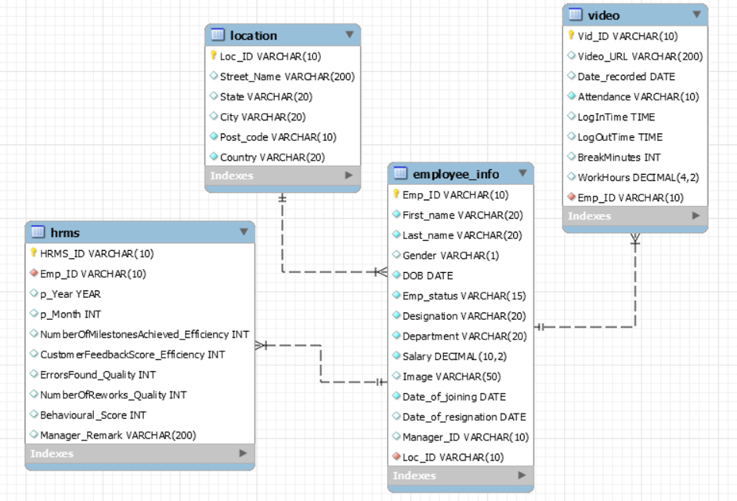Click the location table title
253,35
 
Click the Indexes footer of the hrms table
52,453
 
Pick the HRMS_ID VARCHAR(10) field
96,253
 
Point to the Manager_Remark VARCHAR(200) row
117,434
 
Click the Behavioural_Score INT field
93,415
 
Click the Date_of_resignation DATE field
464,416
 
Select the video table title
603,15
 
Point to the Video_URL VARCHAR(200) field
640,56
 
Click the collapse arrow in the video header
696,15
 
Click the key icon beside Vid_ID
571,35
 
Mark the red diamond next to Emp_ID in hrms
34,274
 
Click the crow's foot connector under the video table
634,239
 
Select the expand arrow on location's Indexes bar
349,176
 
